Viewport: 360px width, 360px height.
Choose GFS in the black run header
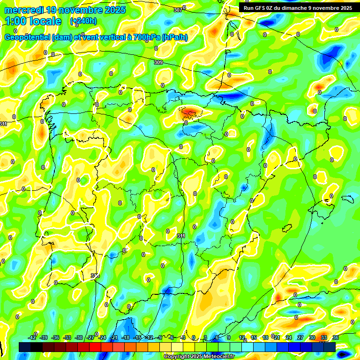click(261, 8)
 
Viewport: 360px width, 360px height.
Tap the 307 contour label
click(178, 10)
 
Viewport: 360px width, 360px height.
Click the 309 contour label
click(158, 62)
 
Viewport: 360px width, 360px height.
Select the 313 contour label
click(95, 276)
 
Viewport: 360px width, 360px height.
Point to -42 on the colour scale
click(32, 337)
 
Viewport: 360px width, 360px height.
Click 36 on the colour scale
click(335, 337)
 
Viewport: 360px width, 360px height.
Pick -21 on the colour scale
click(113, 337)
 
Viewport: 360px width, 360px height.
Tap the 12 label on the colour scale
click(242, 337)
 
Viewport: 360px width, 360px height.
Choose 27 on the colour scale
click(300, 337)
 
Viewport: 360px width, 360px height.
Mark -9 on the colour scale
click(160, 337)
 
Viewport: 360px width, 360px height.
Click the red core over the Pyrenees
click(191, 112)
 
